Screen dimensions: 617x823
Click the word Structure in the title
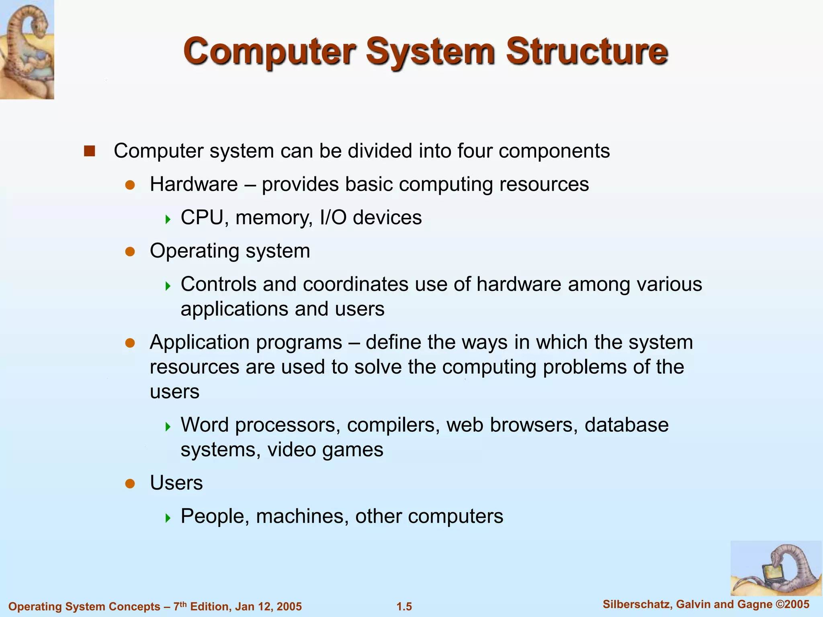[x=587, y=51]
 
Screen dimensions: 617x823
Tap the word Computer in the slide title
[x=269, y=51]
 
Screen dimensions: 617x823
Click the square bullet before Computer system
[x=89, y=151]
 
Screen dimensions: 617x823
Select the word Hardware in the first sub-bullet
[x=194, y=184]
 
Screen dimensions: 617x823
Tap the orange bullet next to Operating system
[x=130, y=251]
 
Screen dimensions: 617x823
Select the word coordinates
[x=356, y=284]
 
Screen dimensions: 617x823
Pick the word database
[x=626, y=425]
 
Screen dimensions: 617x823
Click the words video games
[x=325, y=450]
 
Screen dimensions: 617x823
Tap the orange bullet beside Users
[x=130, y=483]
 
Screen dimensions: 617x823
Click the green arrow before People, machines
[x=168, y=517]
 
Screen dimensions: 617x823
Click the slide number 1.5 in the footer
[x=404, y=607]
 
